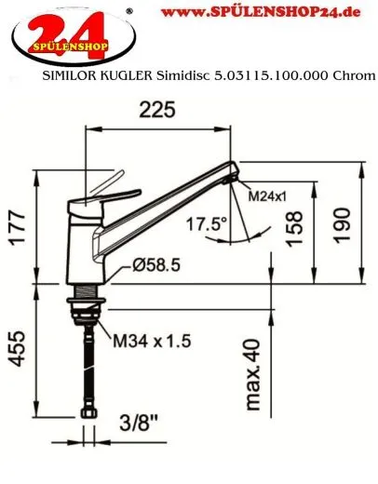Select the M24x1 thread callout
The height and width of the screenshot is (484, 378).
[x=268, y=196]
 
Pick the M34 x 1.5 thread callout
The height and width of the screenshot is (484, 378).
[x=152, y=342]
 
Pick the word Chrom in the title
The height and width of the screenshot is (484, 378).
[x=355, y=80]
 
